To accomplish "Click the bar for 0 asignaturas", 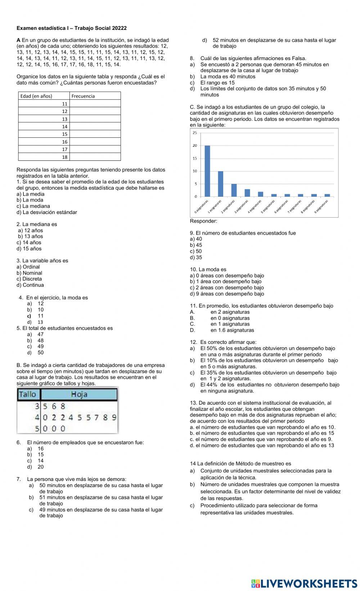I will (207, 171).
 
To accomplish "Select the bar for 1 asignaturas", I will (221, 184).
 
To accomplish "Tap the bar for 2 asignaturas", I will (234, 190).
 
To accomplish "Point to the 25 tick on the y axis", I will (195, 133).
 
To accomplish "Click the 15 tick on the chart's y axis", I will (195, 158).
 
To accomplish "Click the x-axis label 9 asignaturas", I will (321, 207).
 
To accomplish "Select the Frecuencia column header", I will (83, 96).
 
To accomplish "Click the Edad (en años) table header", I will (36, 96).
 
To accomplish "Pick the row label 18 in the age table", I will (65, 157).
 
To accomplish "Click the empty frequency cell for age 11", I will (95, 104).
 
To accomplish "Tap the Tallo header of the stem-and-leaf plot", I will (28, 394).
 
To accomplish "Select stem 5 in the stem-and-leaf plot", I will (37, 428).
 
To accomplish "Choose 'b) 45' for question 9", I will (196, 245).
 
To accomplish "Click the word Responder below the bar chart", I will (203, 221).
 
